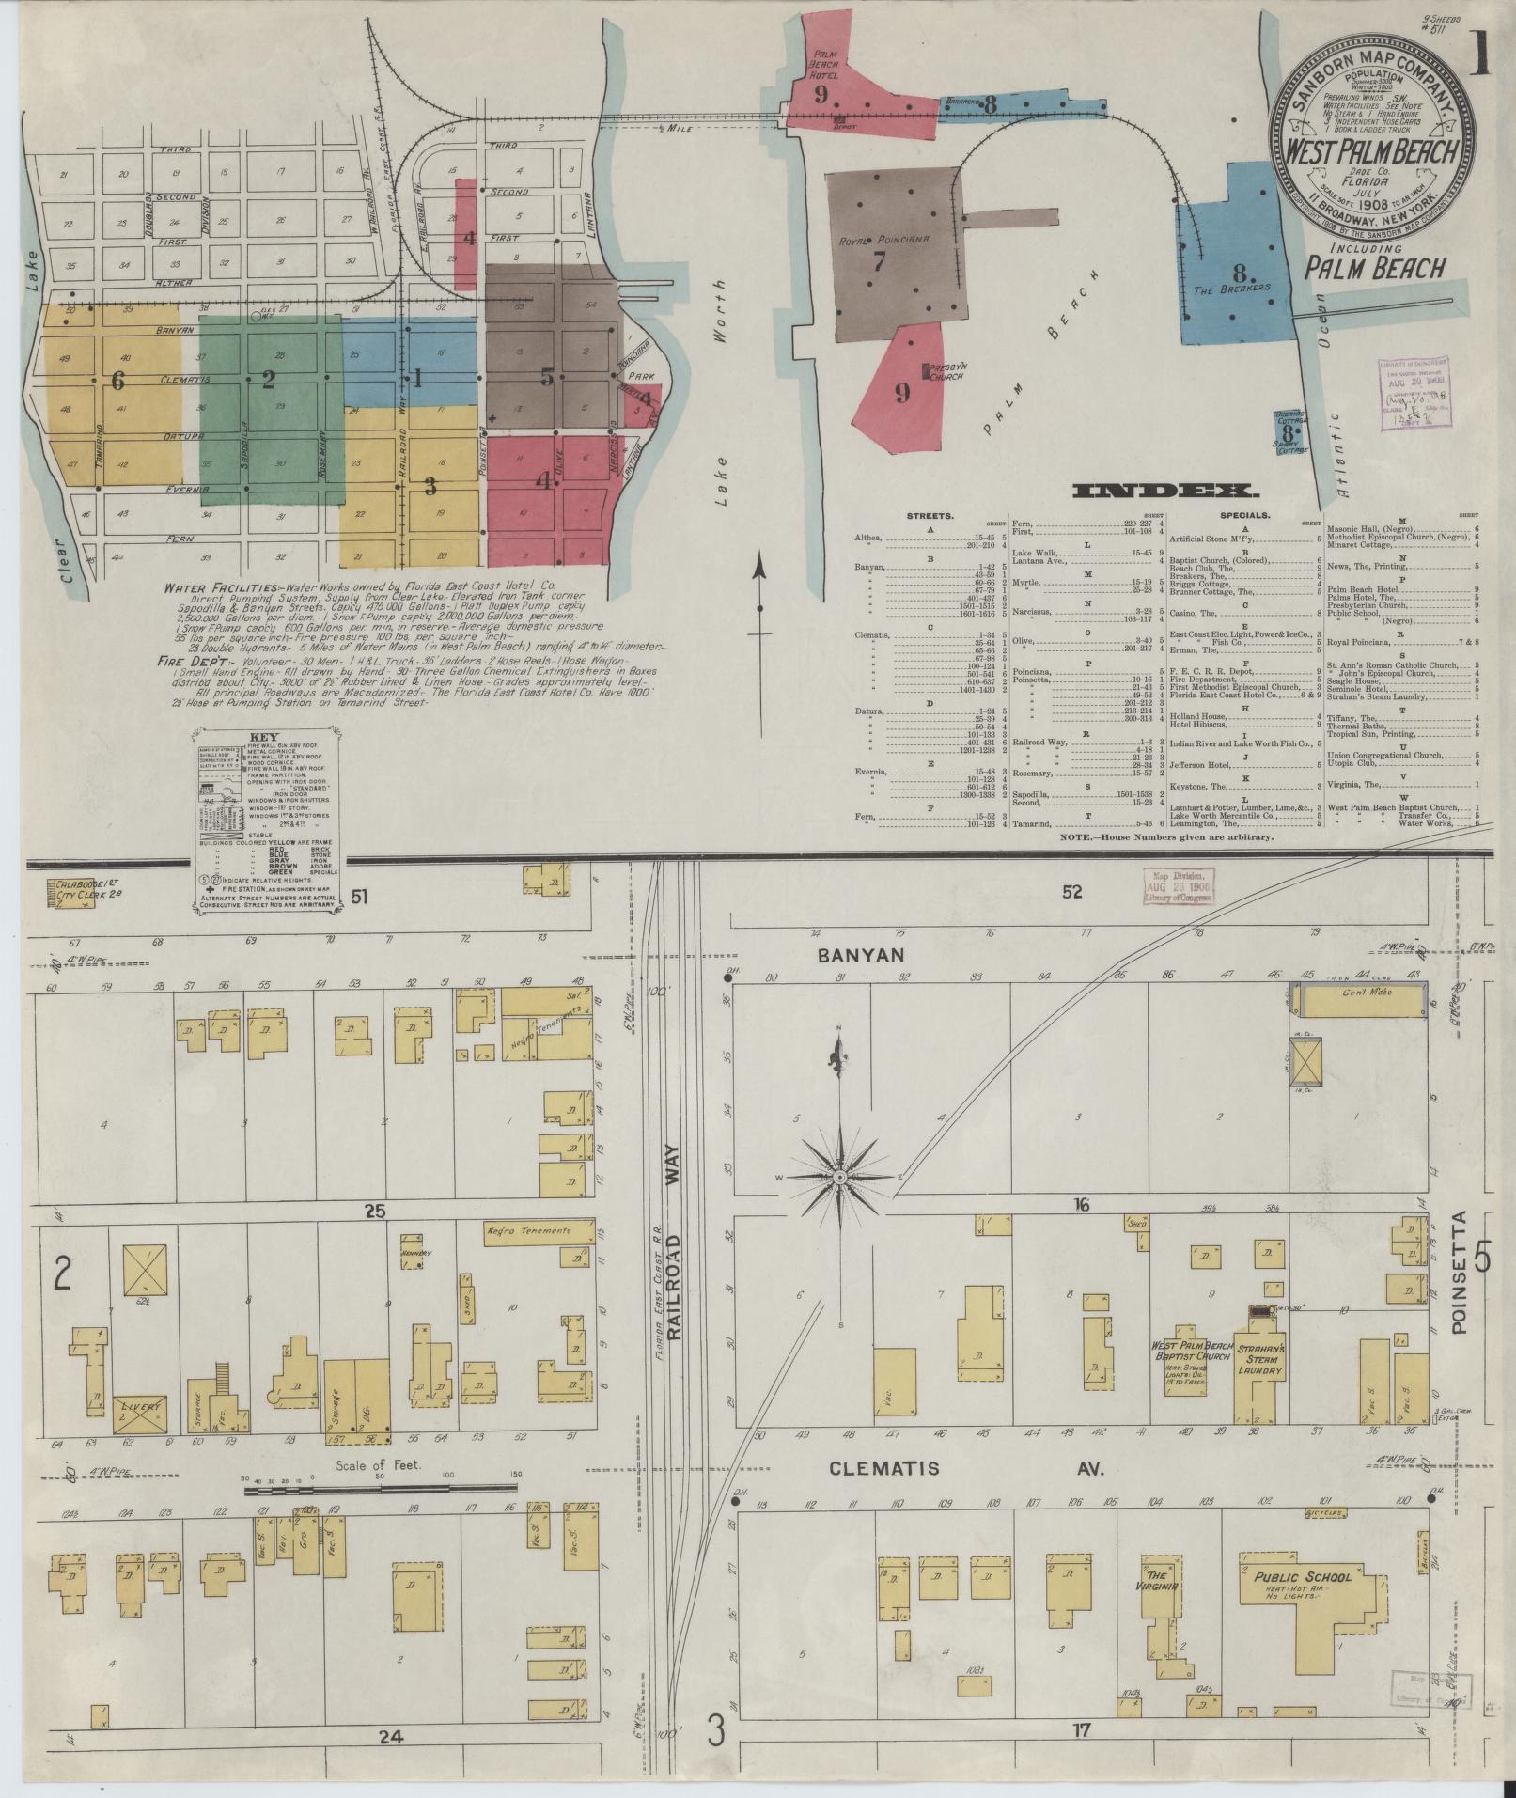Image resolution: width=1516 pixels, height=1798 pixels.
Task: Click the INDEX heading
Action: point(1164,491)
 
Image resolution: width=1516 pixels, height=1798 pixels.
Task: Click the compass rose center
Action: point(839,1177)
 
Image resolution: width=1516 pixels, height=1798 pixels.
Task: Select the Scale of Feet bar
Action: point(381,1488)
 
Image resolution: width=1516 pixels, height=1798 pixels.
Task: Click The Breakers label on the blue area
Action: point(1231,287)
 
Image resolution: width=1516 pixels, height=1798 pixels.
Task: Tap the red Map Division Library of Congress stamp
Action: point(1178,884)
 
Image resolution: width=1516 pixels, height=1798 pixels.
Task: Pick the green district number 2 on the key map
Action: point(269,380)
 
